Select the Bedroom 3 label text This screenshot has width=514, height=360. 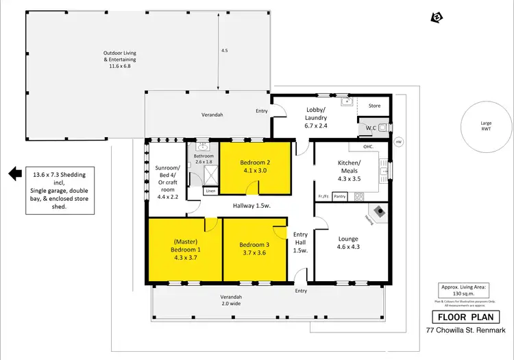[x=254, y=248]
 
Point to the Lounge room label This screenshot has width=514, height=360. [x=347, y=243]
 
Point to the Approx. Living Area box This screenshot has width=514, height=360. [x=465, y=291]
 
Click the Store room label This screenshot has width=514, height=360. [x=374, y=106]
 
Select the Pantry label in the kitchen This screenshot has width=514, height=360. [x=340, y=197]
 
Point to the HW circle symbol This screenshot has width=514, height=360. [x=398, y=142]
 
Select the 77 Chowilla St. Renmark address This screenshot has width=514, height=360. [x=464, y=331]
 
